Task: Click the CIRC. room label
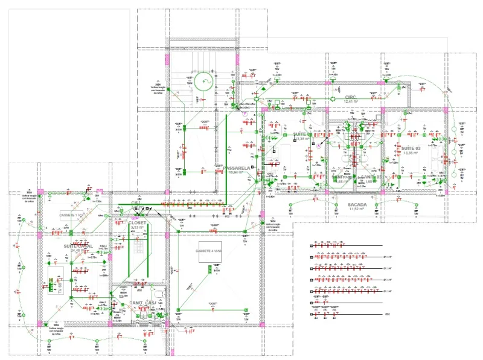[351, 97]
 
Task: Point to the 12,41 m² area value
[351, 101]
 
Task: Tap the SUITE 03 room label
[410, 148]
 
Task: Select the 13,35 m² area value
[410, 153]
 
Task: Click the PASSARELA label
[237, 167]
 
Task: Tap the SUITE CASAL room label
[78, 246]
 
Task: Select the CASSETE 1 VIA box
[72, 215]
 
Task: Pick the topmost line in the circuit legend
[347, 246]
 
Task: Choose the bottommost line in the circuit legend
[347, 314]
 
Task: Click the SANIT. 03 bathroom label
[369, 177]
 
